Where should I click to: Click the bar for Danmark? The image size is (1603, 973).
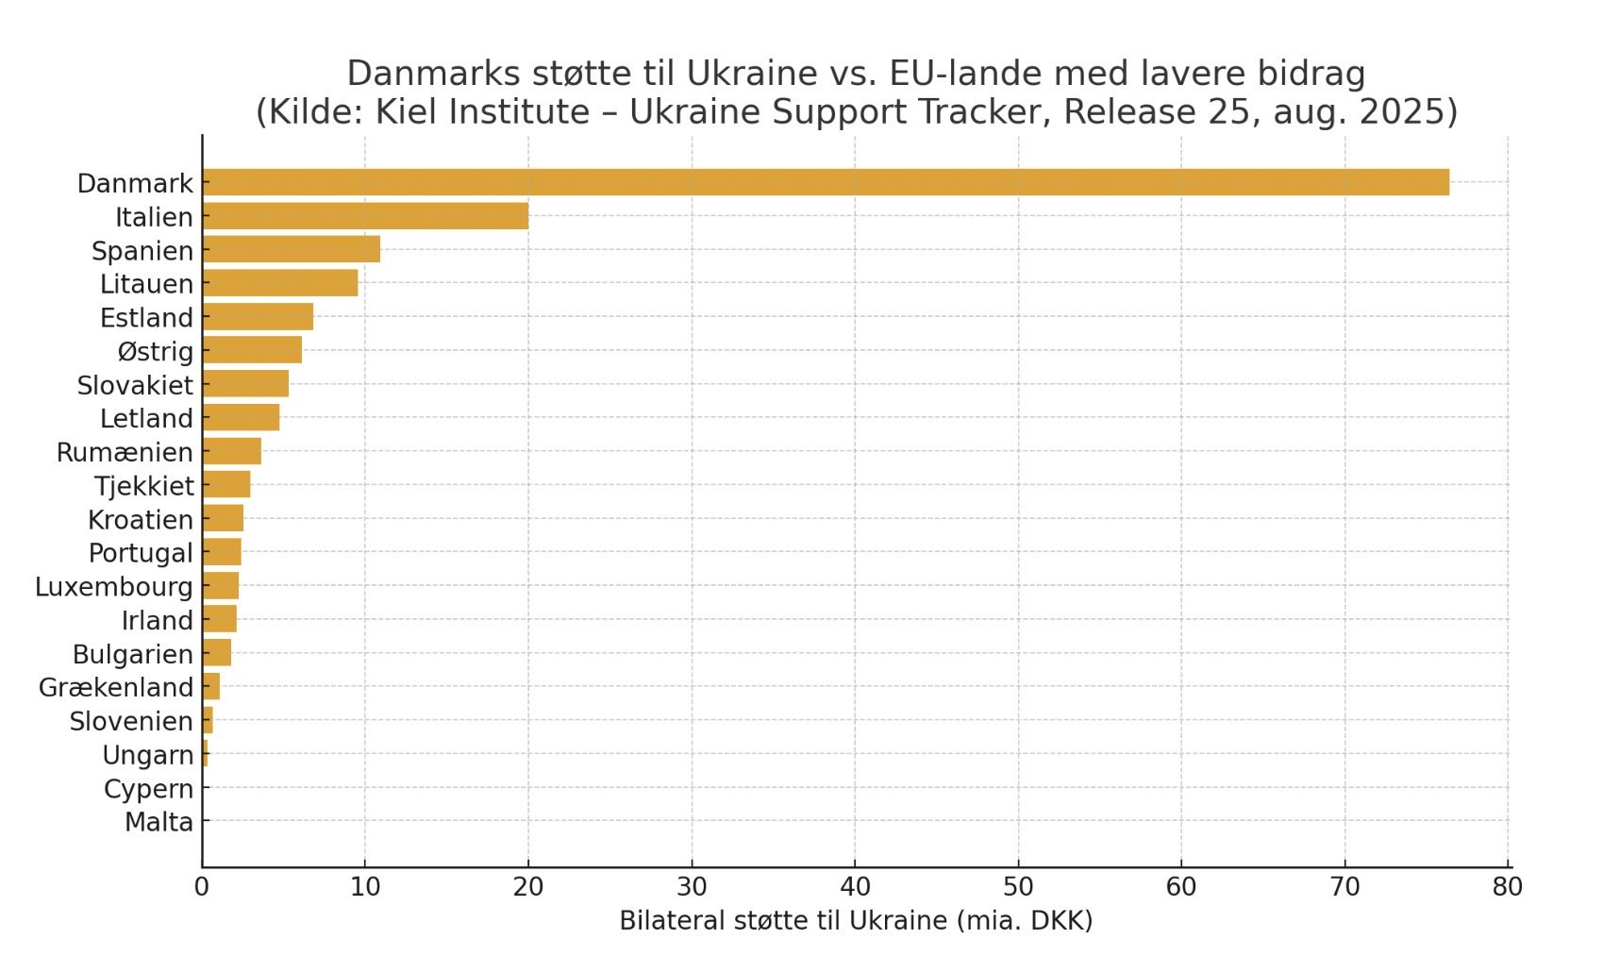[826, 182]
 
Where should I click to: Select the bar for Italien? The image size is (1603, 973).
[365, 216]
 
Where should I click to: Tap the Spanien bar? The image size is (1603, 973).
[291, 250]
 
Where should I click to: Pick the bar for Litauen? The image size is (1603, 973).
[279, 283]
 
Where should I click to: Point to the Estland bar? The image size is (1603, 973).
[258, 317]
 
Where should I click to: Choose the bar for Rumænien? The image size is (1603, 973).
[231, 451]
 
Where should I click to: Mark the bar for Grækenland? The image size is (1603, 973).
[210, 687]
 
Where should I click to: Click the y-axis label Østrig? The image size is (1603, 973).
[155, 351]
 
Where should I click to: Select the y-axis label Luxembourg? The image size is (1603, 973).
[113, 587]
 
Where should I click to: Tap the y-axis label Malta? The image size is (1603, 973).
[159, 822]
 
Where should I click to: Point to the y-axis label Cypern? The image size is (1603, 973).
[148, 788]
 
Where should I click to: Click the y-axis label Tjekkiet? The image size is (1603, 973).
[143, 486]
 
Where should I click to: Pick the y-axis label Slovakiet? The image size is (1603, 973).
[135, 385]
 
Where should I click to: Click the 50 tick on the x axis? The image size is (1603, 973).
[1018, 887]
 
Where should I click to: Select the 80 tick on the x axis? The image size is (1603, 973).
[1508, 887]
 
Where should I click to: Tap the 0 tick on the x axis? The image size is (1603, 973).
[202, 887]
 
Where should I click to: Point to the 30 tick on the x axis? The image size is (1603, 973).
[692, 887]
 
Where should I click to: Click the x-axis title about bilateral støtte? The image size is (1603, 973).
[855, 921]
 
